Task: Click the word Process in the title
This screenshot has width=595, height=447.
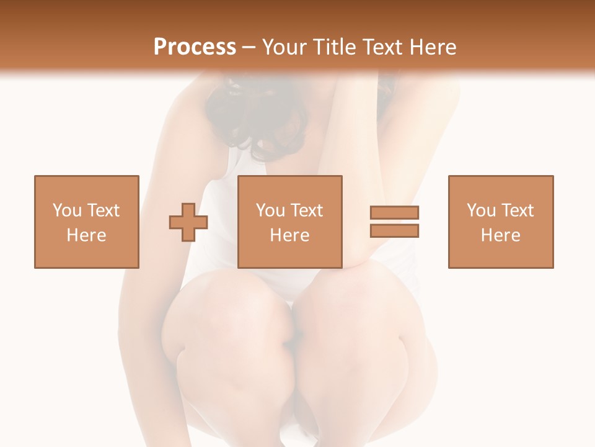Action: (195, 47)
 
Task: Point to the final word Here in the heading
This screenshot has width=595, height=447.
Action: (434, 47)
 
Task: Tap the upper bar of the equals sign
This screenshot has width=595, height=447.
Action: (394, 213)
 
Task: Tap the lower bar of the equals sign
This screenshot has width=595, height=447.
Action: (394, 230)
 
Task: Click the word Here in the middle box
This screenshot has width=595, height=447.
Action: (290, 235)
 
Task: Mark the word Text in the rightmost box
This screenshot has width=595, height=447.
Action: (517, 210)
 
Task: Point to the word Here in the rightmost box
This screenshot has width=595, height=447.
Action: (501, 235)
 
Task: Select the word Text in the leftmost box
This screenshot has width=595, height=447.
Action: (102, 210)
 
